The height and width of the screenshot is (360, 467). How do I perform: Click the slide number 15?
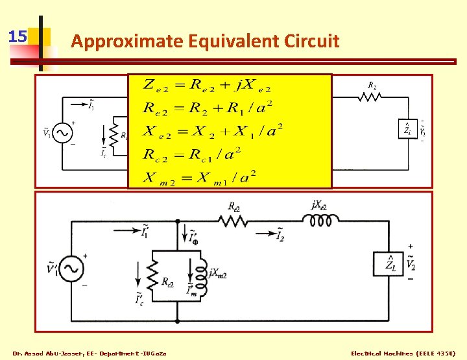[x=18, y=36]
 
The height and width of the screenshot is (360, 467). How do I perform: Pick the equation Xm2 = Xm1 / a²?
[x=200, y=176]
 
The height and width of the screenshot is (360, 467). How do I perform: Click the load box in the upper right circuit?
[x=406, y=129]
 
